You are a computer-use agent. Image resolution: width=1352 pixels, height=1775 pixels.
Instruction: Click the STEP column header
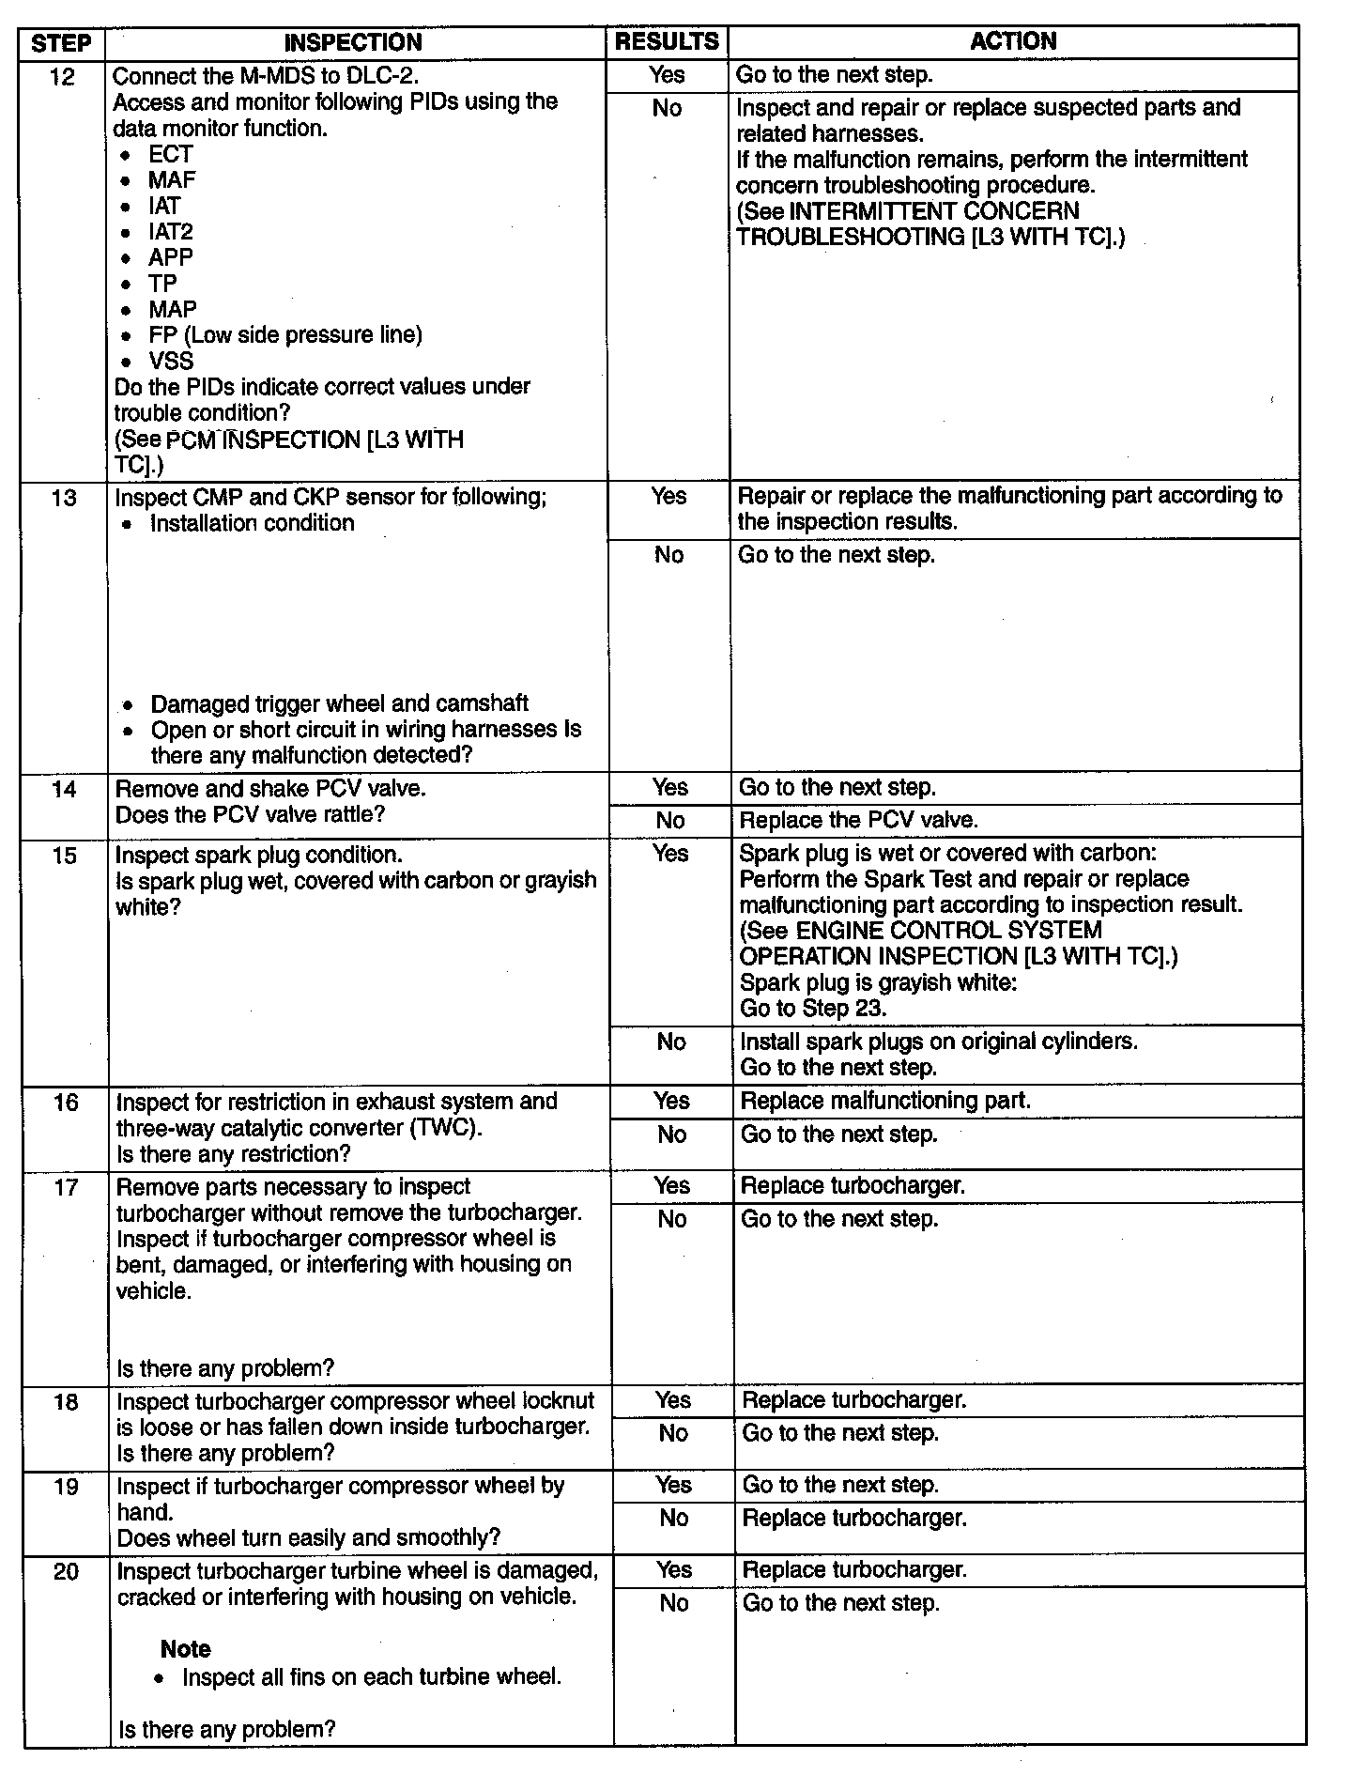62,43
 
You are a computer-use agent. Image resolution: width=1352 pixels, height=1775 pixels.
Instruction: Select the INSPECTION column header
353,42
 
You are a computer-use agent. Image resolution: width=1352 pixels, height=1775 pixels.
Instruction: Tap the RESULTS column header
667,41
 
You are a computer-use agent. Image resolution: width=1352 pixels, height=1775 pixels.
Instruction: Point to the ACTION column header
1013,41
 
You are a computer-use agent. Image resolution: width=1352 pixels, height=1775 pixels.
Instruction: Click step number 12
62,76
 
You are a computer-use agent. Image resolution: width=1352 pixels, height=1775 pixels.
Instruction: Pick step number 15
65,856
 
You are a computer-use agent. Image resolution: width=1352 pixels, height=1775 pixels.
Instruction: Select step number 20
66,1572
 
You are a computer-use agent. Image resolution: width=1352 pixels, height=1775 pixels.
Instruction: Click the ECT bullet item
170,154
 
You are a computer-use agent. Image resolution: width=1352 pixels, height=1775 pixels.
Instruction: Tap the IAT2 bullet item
170,232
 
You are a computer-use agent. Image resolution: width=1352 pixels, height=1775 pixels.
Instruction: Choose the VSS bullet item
171,362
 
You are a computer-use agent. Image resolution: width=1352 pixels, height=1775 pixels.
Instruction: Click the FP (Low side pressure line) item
285,335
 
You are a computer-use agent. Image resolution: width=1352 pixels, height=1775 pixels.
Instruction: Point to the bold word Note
185,1649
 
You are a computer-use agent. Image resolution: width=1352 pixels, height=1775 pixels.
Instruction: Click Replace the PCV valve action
858,820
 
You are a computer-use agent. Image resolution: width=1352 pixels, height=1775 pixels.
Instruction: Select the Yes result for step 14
670,788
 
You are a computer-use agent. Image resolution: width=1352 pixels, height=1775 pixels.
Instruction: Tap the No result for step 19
673,1518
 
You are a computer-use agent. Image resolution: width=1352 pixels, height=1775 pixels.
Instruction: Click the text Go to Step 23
813,1009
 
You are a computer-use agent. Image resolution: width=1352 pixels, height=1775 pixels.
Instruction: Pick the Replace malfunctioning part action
885,1101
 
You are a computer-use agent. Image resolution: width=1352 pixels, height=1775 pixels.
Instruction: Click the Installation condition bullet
252,523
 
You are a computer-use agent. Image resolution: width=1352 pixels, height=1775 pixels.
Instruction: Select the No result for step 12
667,109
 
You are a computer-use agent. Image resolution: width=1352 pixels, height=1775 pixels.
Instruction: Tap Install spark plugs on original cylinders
938,1042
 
